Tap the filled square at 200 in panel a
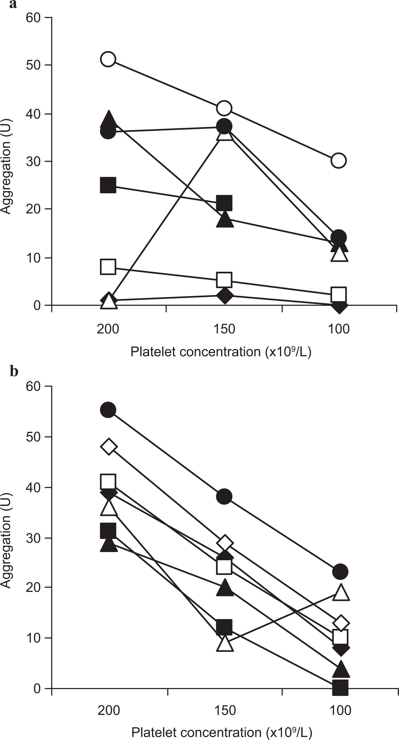point(108,185)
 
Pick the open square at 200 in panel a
point(108,267)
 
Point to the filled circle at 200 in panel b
point(108,410)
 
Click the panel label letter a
point(13,5)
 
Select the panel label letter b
point(14,371)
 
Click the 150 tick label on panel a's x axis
point(224,329)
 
